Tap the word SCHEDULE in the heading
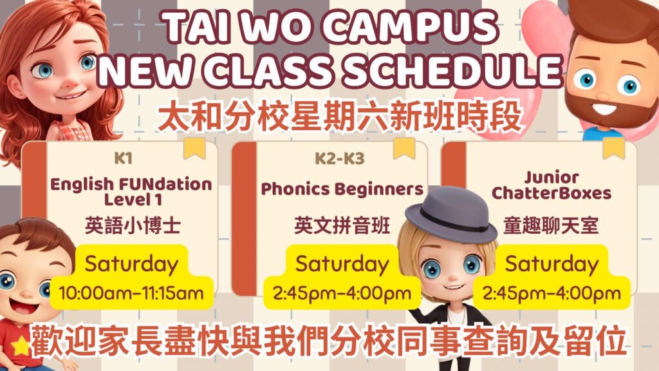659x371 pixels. pos(449,70)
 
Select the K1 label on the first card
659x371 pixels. pos(122,158)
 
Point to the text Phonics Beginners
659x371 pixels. pos(342,189)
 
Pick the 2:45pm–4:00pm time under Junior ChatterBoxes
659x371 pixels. pos(552,294)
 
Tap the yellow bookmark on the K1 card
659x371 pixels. pos(194,147)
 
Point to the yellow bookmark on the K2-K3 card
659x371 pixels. pos(404,147)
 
